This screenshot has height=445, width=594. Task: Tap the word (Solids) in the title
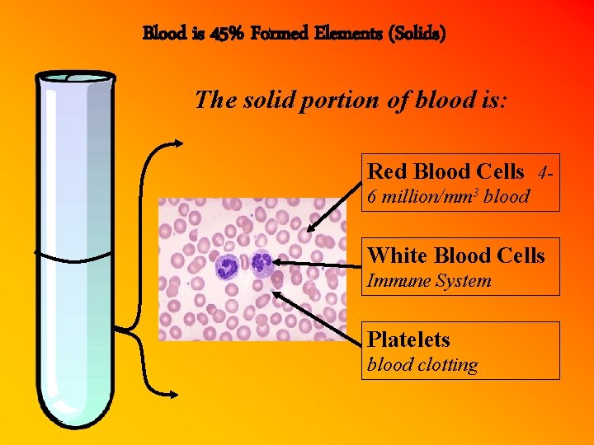[419, 35]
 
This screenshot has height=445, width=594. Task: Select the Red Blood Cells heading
[445, 171]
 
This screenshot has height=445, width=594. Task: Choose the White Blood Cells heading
[456, 255]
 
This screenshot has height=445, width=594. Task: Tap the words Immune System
[429, 281]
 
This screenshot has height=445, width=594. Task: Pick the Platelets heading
[408, 340]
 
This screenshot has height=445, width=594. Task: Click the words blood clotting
[422, 365]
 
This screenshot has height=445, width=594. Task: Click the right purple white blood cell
[262, 263]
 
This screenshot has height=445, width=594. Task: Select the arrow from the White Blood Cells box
[318, 263]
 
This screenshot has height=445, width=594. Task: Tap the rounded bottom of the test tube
[75, 412]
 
